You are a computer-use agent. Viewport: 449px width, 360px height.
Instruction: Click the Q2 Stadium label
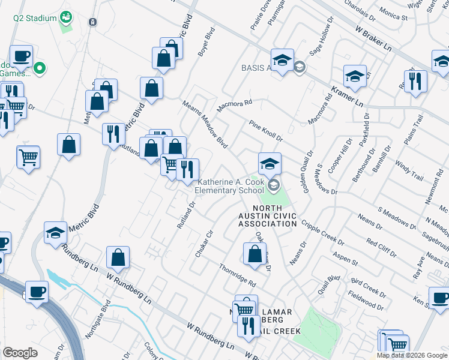[x=35, y=18]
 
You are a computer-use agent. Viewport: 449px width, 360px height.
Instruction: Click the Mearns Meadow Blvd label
[x=205, y=124]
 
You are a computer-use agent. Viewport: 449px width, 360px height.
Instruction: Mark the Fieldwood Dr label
[x=366, y=301]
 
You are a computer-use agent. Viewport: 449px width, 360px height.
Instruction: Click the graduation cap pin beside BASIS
[x=282, y=61]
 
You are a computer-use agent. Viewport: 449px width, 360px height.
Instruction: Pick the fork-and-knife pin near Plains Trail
[x=415, y=82]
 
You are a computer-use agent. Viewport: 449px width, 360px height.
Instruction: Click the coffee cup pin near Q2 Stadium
[x=21, y=56]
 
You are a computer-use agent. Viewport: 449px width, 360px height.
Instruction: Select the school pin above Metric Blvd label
[x=55, y=233]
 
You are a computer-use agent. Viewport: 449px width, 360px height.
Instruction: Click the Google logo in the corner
[x=20, y=352]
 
